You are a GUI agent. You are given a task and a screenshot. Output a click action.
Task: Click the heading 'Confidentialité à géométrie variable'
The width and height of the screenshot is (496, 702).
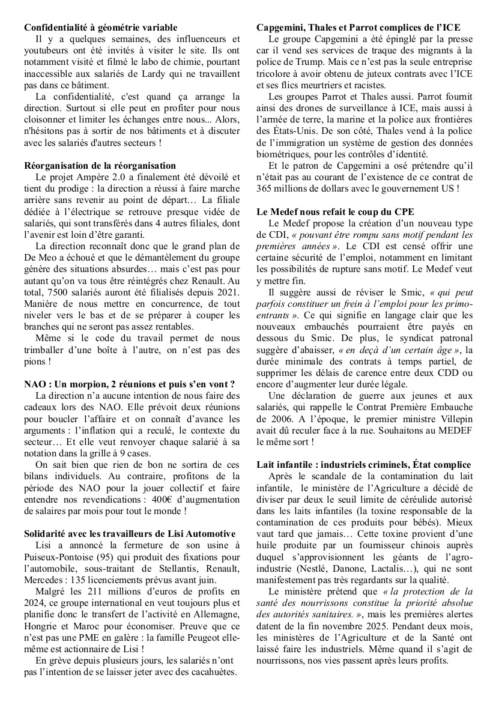(x=101, y=28)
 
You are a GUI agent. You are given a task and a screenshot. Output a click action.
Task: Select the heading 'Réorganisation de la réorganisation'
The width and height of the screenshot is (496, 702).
(x=100, y=165)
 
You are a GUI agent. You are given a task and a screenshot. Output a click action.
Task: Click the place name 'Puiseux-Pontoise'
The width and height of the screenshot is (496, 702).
(x=62, y=555)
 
